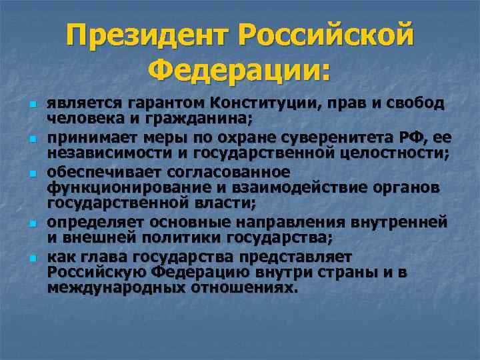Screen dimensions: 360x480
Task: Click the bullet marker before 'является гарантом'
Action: click(x=31, y=105)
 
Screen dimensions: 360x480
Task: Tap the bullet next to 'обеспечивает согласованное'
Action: click(x=31, y=172)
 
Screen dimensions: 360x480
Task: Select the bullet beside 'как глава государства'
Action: click(x=31, y=257)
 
